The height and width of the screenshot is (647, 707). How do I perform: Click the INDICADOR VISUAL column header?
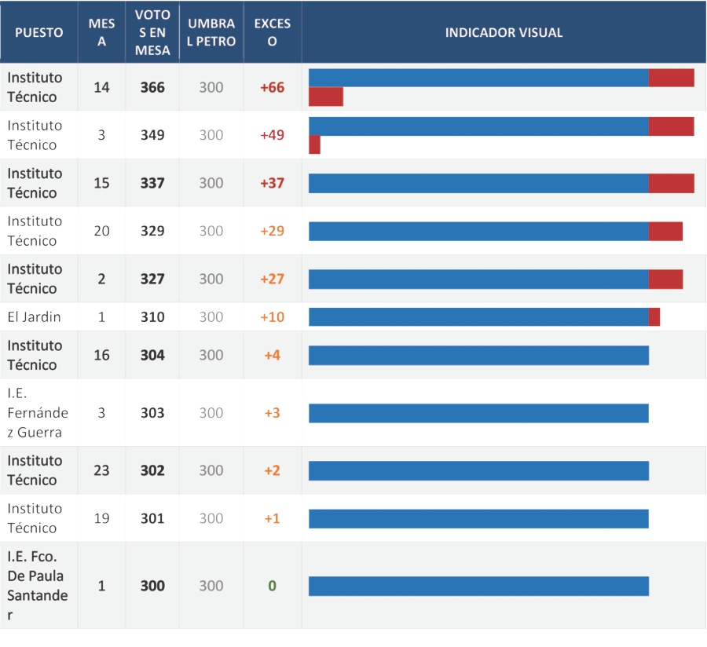(x=504, y=32)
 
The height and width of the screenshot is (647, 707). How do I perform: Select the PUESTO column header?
(x=38, y=32)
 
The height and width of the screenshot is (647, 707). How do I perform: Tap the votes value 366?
(x=152, y=87)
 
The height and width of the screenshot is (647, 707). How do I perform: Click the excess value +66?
(x=273, y=87)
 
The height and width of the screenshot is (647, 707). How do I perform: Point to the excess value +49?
(x=273, y=135)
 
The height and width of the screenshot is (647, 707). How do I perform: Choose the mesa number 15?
(x=101, y=183)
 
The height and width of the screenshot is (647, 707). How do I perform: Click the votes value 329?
(x=152, y=231)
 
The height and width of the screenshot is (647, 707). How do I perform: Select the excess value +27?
(x=273, y=279)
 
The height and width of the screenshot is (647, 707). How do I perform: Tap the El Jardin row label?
(x=34, y=316)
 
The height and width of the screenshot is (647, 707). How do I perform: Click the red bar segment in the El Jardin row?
(x=654, y=316)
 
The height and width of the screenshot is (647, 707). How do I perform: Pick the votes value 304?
(x=152, y=355)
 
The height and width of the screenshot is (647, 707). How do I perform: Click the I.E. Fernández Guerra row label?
(x=38, y=413)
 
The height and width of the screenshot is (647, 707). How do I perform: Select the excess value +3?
(x=273, y=413)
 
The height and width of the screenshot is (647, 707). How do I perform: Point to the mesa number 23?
(x=101, y=470)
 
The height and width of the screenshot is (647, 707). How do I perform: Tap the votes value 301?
(x=152, y=518)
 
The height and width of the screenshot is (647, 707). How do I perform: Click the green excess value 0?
(x=273, y=586)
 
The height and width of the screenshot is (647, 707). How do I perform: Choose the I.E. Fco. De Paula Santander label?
(x=38, y=585)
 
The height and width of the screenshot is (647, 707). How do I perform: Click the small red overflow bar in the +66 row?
(x=326, y=97)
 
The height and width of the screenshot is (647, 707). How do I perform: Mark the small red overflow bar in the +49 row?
(x=315, y=144)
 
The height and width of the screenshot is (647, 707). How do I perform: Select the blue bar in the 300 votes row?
(x=479, y=586)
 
